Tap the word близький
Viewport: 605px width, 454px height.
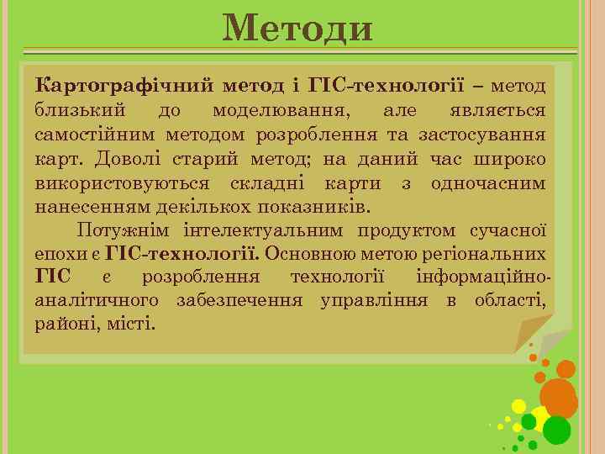[x=81, y=110]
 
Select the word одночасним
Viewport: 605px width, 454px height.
[x=487, y=182]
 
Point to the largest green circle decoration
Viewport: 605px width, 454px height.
[x=556, y=430]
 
